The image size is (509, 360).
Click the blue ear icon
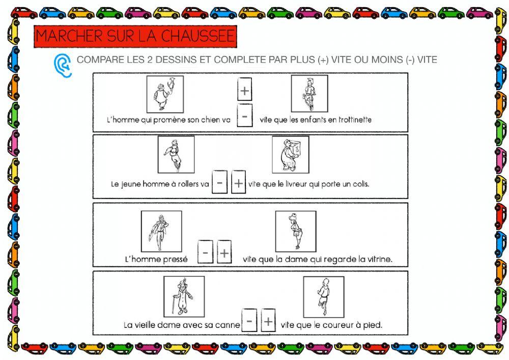point(62,65)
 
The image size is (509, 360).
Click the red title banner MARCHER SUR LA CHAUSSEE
point(135,37)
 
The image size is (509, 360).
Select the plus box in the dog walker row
point(245,90)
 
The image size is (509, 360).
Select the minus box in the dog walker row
point(245,117)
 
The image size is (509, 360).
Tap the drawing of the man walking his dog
point(165,94)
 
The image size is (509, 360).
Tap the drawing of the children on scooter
point(309,93)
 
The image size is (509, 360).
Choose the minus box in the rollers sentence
point(219,182)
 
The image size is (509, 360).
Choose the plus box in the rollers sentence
point(238,182)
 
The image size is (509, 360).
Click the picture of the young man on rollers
point(176,154)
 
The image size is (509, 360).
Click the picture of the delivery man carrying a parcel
point(290,154)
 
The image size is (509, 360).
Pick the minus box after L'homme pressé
point(205,252)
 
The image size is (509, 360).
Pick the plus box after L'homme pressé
point(224,252)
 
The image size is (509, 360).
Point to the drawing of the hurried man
point(161,231)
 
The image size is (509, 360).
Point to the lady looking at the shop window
point(295,231)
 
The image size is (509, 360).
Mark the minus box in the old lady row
point(249,321)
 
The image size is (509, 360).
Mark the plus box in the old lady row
point(268,321)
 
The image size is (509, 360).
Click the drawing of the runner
point(323,296)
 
